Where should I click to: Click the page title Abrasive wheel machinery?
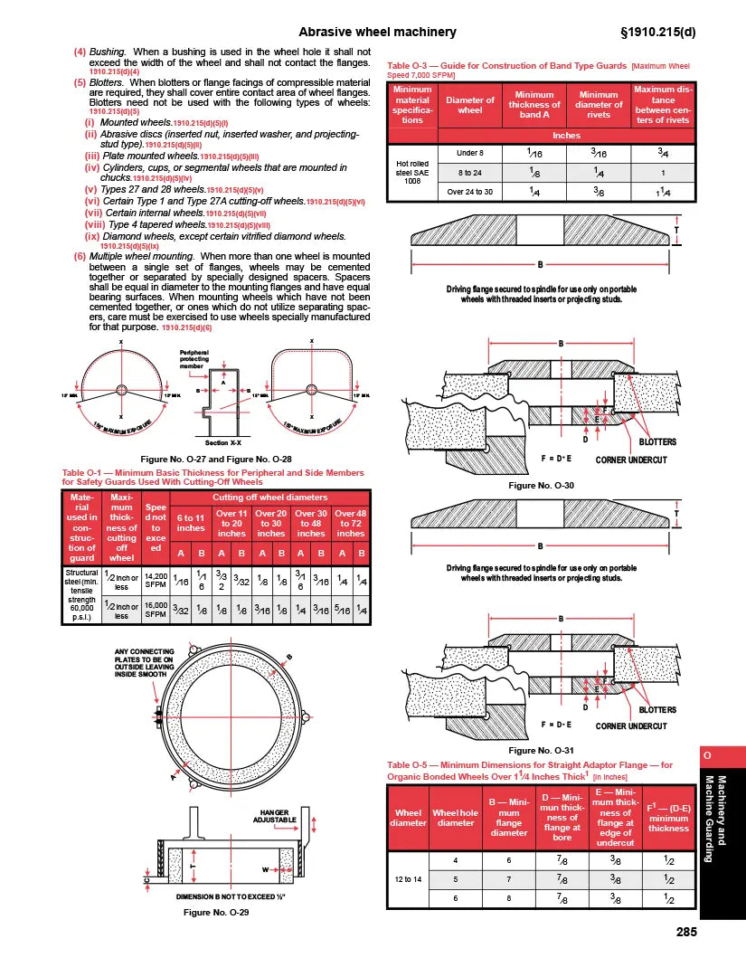(377, 33)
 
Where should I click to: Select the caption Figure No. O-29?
(216, 913)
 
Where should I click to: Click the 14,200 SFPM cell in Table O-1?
(156, 582)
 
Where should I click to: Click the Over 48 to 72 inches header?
(350, 523)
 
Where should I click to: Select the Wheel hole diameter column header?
(455, 817)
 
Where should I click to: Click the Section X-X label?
(217, 442)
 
